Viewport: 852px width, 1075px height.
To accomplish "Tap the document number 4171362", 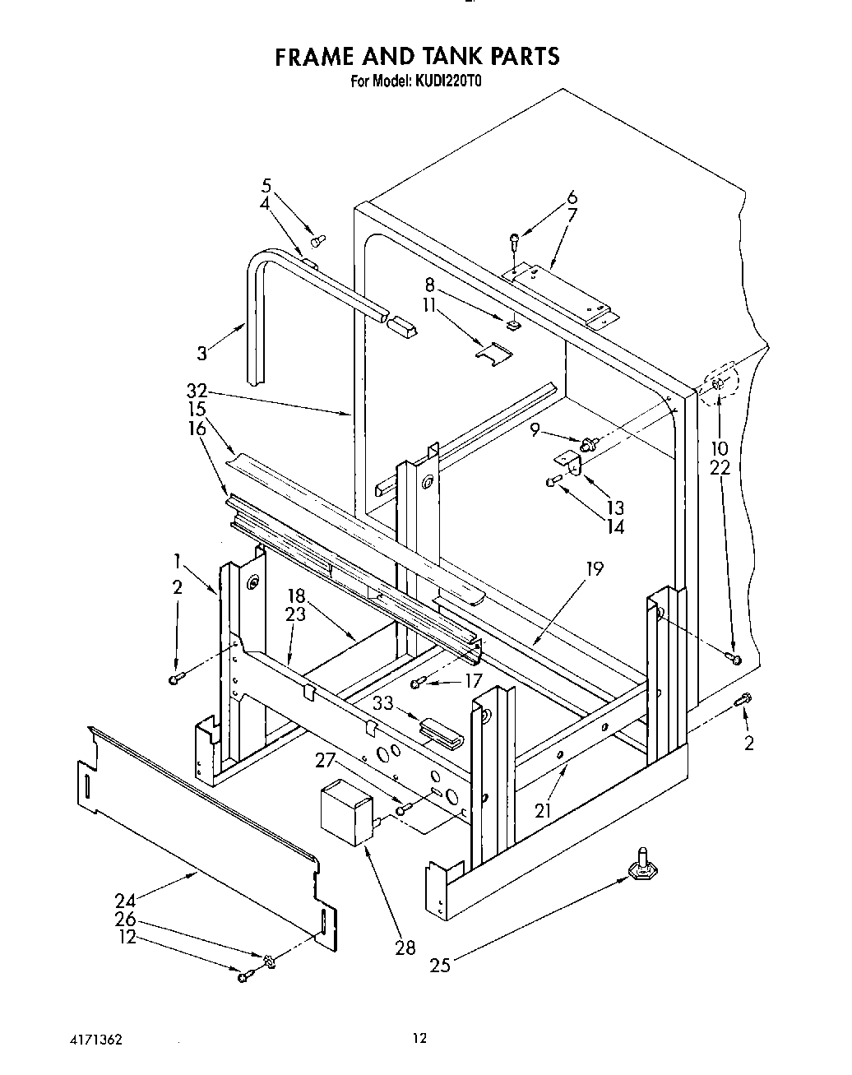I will point(95,1040).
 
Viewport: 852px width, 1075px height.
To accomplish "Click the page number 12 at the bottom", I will point(420,1039).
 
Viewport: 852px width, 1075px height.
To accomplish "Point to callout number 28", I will point(405,948).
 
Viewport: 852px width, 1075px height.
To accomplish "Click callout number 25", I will point(441,965).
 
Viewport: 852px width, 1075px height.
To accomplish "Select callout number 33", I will point(382,704).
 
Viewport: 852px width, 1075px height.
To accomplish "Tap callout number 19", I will point(595,568).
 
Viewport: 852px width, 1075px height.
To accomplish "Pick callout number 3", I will point(202,354).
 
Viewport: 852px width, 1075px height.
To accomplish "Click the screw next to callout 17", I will point(419,681).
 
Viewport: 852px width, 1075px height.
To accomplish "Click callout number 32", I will point(197,392).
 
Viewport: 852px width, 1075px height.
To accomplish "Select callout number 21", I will point(542,810).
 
